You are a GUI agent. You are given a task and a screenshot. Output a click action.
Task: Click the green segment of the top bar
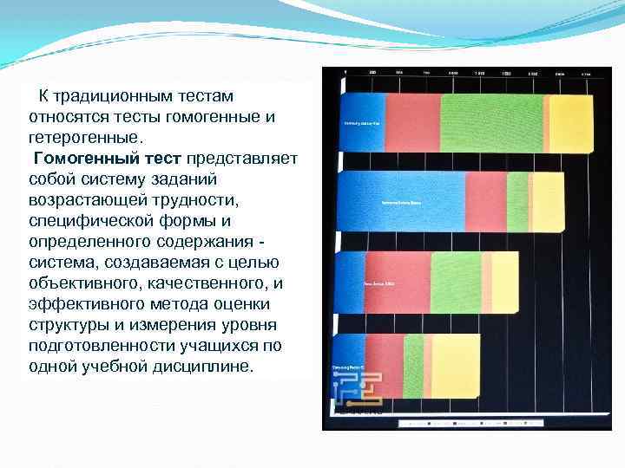(x=491, y=123)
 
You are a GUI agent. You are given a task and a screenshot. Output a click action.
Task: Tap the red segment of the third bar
(x=396, y=283)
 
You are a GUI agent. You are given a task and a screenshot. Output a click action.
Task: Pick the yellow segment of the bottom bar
(x=455, y=366)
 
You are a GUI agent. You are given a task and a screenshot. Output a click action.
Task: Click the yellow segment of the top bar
(x=571, y=123)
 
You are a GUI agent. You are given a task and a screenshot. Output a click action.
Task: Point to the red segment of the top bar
(x=412, y=123)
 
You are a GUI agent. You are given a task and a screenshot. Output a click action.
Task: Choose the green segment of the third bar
(x=456, y=283)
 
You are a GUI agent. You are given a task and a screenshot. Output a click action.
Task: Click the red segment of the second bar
(x=485, y=201)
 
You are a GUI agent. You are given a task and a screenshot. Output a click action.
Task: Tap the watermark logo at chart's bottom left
(x=358, y=388)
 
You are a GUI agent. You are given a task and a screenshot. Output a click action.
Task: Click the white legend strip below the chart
(x=469, y=424)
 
